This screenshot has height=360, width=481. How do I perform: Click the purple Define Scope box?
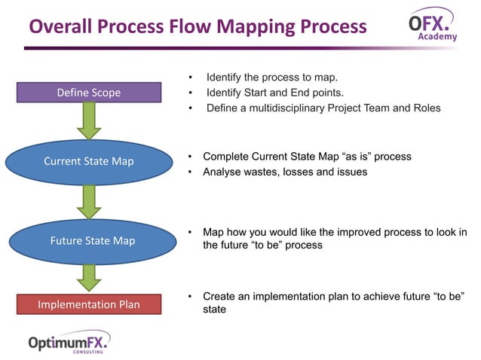[x=89, y=93]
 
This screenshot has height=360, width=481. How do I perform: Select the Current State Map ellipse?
[x=89, y=161]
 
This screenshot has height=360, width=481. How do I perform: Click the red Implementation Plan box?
[x=89, y=304]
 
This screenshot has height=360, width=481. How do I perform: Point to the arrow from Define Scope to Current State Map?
[x=89, y=121]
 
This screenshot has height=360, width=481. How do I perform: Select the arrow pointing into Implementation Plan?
[x=89, y=276]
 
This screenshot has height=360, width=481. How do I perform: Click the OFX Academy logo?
[x=432, y=24]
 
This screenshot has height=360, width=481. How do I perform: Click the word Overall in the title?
[x=62, y=26]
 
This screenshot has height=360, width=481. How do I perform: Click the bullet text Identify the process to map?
[x=272, y=78]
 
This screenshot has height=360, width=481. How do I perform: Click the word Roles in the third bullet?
[x=425, y=108]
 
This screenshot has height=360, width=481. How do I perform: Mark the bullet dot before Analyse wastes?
[x=191, y=172]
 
